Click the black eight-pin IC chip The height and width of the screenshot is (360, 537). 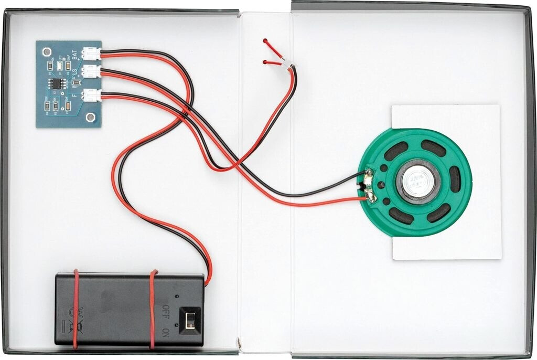[x=57, y=83]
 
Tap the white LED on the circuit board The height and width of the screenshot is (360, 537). [x=59, y=65]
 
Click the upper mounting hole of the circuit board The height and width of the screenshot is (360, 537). [x=47, y=52]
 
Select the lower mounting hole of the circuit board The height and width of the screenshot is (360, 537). [x=91, y=116]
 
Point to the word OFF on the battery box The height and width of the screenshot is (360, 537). [x=166, y=311]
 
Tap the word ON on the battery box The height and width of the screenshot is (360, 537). [x=166, y=332]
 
